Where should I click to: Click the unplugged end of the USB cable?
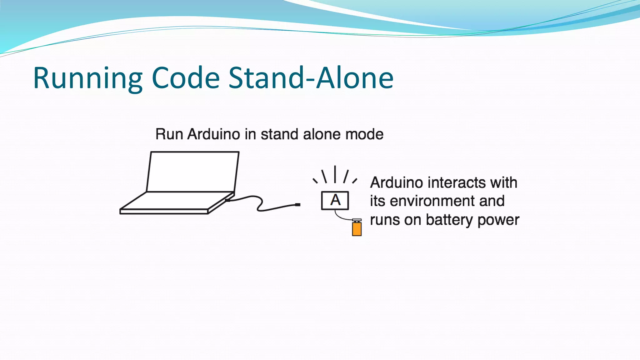coord(297,205)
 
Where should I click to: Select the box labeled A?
coord(335,200)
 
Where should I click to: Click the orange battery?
coord(357,228)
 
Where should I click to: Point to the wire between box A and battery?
coord(341,217)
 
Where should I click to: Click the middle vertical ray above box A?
coord(335,174)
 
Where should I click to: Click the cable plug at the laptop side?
coord(228,200)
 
